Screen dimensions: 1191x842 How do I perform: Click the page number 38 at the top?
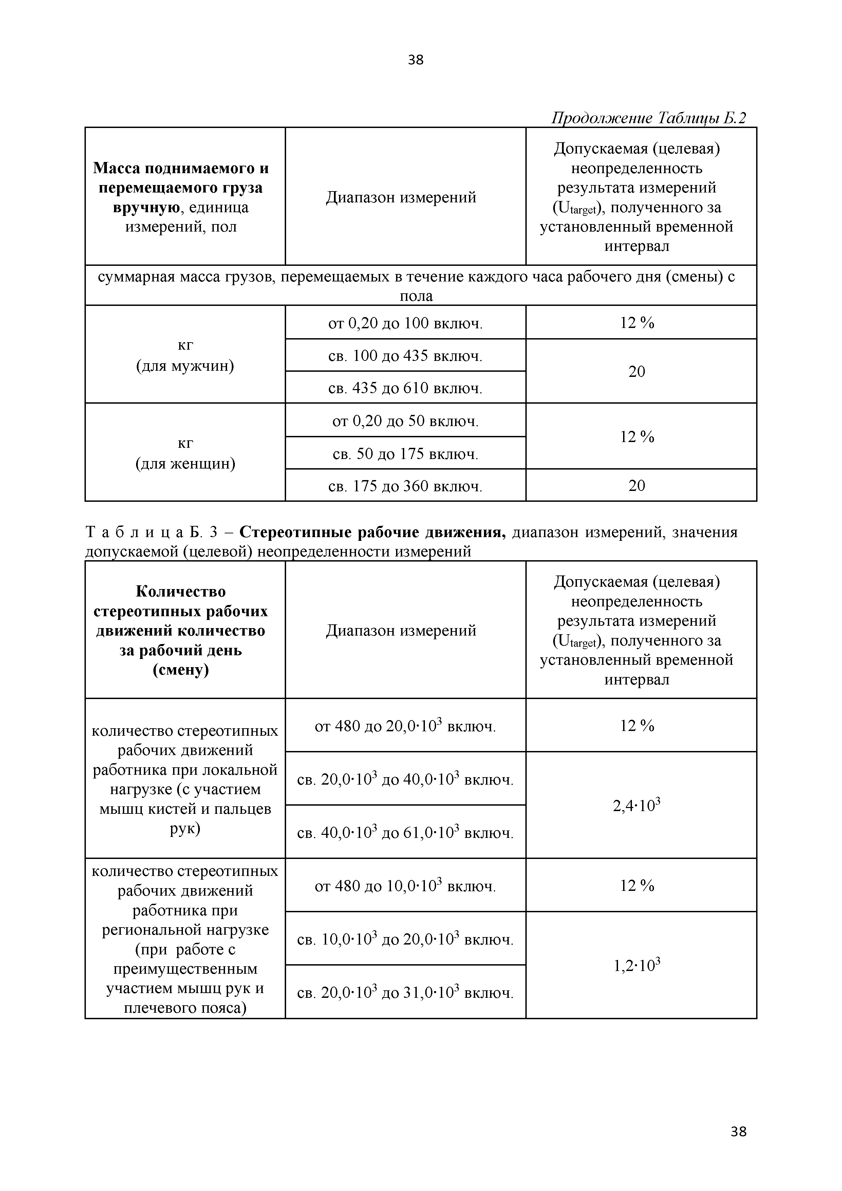tap(415, 60)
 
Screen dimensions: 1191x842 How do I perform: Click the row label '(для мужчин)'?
tap(185, 366)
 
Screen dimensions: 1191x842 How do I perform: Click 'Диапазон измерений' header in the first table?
tap(401, 197)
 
